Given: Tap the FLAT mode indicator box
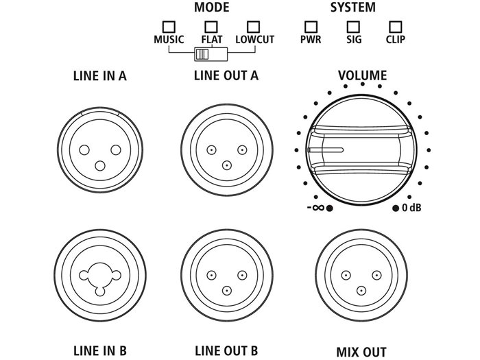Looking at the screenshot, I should (211, 27).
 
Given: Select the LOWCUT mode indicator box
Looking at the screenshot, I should (254, 27).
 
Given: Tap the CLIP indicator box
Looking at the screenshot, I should (395, 27).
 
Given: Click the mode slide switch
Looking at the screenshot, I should (203, 54).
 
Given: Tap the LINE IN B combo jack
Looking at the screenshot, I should (100, 276).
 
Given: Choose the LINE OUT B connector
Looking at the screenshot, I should (226, 276).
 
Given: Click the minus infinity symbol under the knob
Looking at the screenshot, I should (316, 208).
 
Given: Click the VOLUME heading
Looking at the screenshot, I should (363, 75).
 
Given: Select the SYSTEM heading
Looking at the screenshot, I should (353, 8).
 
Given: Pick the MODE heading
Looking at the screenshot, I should (212, 8).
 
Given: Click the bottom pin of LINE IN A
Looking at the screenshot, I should (101, 165).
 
